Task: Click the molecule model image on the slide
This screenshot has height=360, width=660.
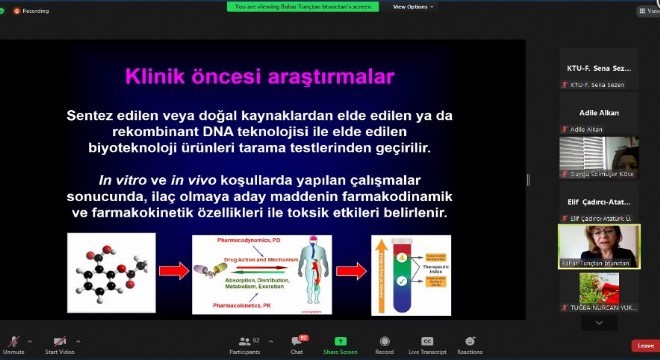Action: tap(106, 271)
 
